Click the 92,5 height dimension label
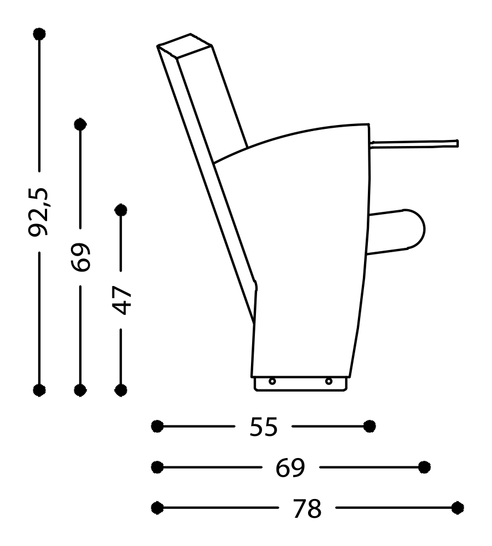[x=39, y=212]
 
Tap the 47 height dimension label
[x=121, y=300]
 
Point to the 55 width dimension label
[x=263, y=427]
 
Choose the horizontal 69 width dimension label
[x=290, y=467]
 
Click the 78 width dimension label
[x=307, y=508]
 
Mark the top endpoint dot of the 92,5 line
[x=39, y=34]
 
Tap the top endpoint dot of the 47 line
[x=121, y=210]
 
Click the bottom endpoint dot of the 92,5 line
[x=39, y=389]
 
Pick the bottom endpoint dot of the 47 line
[x=121, y=389]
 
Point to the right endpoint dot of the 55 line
[x=370, y=426]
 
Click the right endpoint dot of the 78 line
[x=458, y=507]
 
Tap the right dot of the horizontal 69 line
[x=424, y=467]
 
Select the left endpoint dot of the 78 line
[x=157, y=507]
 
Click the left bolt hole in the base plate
[x=272, y=381]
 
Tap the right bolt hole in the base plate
[x=329, y=381]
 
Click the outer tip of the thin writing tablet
[x=456, y=143]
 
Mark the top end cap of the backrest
[x=186, y=45]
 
